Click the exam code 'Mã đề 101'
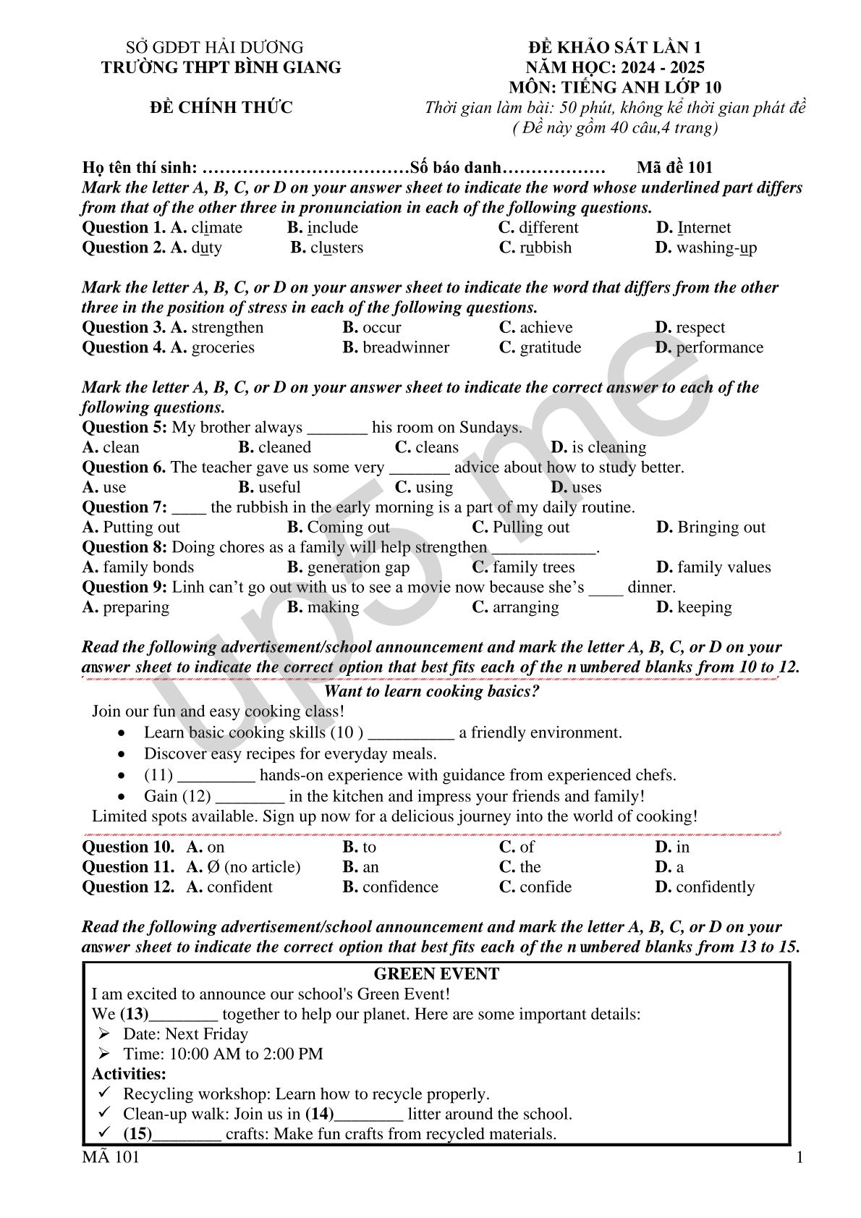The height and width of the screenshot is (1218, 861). point(674,167)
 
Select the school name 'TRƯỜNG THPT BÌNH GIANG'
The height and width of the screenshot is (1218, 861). point(221,67)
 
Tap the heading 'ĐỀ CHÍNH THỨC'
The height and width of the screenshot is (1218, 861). point(221,107)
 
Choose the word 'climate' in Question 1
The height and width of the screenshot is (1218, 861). point(216,227)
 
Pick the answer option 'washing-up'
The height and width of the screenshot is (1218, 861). point(716,248)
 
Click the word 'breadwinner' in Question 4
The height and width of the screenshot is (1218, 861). point(405,347)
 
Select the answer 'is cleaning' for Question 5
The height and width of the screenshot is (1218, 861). point(608,447)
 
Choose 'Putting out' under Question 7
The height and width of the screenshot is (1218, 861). point(141,527)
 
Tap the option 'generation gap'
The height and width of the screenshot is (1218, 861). point(358,567)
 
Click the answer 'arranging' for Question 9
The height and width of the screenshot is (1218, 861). point(525,607)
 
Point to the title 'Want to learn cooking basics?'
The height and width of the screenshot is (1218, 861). point(431,691)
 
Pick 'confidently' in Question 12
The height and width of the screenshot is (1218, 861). point(715,887)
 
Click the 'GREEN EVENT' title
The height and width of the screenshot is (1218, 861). point(436,974)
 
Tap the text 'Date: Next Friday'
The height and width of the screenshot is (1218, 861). point(185,1034)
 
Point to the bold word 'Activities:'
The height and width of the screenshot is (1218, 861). point(129,1074)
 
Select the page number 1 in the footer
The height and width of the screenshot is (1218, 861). point(799,1157)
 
